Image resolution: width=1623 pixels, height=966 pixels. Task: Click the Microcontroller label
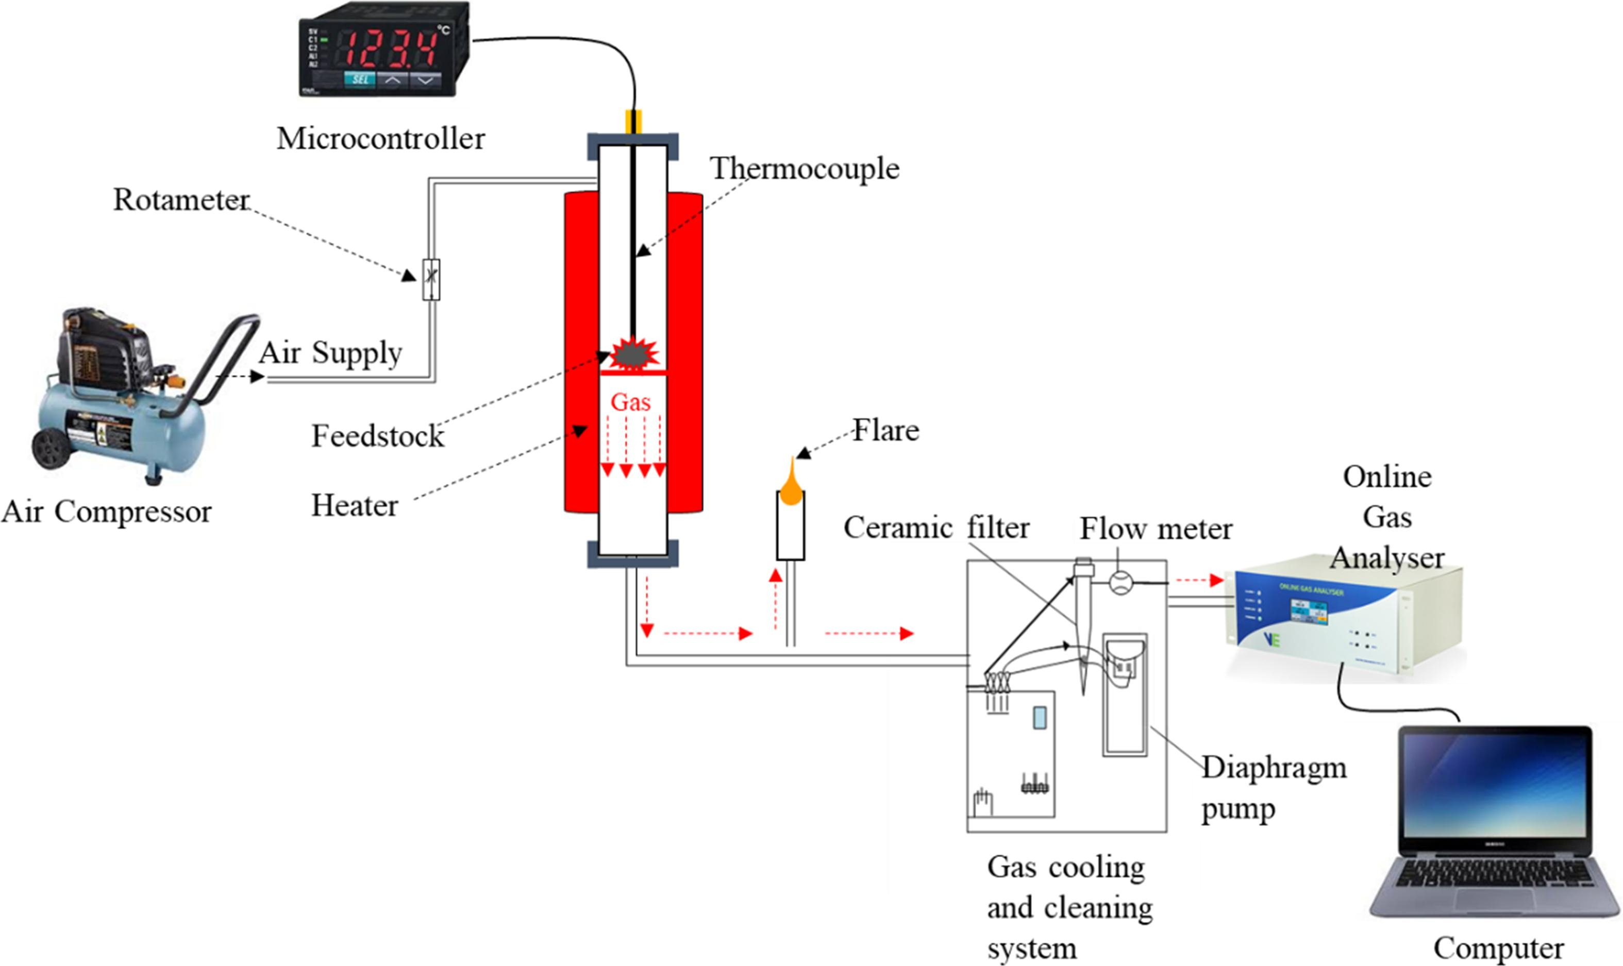381,139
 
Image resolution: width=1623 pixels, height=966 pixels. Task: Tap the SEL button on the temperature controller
360,79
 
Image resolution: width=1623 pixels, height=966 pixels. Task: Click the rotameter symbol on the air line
431,279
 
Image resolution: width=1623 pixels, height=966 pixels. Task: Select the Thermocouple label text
805,168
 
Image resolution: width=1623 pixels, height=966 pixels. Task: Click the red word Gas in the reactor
630,402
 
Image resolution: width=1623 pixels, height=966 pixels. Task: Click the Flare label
886,430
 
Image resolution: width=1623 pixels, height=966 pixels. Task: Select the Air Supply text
331,353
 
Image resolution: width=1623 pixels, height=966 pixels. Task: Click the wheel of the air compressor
50,449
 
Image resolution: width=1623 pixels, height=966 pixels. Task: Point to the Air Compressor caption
107,512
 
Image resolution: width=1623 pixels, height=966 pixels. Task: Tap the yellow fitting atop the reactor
633,122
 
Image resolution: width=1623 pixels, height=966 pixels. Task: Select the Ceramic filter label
936,528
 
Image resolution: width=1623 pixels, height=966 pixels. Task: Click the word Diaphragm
1274,768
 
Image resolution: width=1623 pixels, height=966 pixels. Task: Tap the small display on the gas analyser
1309,612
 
